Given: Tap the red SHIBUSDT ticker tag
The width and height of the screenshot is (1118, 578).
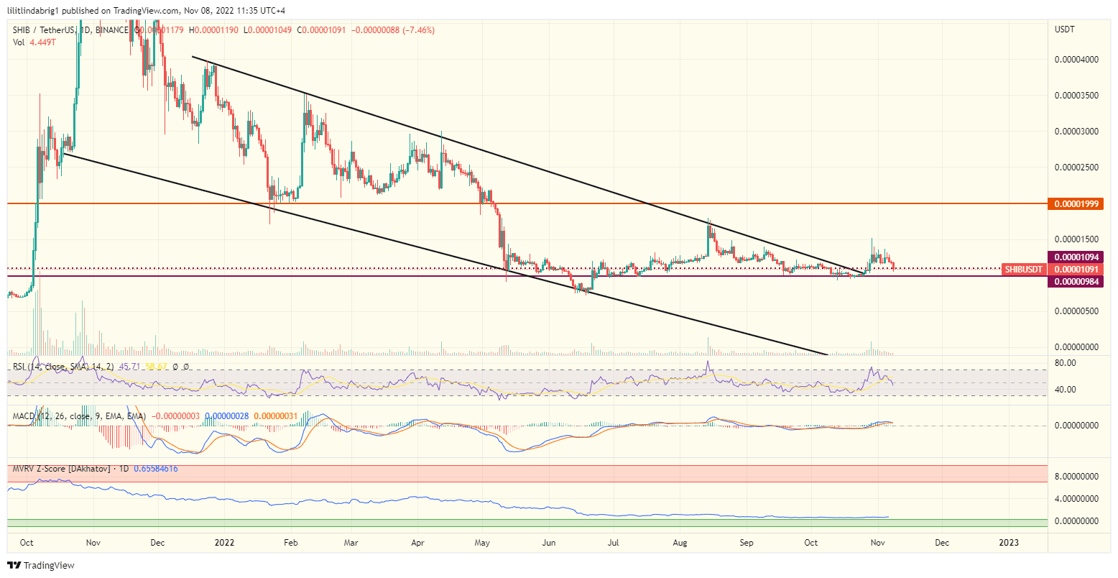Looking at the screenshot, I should point(1024,269).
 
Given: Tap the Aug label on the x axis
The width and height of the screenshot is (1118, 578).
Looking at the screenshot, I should point(681,543).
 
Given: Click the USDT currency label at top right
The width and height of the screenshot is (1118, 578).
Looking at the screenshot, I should point(1065,29).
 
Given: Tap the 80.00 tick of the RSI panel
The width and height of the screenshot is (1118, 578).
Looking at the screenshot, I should point(1066,363).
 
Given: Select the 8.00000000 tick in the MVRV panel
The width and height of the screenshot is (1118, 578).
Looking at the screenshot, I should point(1078,476).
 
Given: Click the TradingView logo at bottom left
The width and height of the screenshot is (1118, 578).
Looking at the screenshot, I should point(41,566).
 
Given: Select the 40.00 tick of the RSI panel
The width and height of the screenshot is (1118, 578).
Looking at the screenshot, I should point(1066,390).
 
